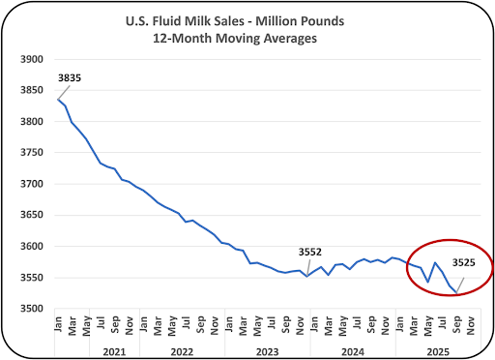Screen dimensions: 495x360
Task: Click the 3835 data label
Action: click(x=70, y=77)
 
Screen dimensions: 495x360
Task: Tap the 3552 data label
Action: click(x=310, y=252)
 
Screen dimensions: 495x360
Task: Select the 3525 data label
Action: click(x=463, y=262)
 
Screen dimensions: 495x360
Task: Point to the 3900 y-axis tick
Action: click(x=32, y=59)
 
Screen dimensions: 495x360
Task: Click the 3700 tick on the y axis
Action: click(x=32, y=184)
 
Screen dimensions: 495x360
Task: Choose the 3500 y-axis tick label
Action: click(x=32, y=309)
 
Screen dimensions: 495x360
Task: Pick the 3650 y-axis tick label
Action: click(x=32, y=215)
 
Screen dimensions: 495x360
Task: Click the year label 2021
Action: click(x=114, y=351)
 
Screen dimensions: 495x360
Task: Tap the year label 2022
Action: click(x=182, y=351)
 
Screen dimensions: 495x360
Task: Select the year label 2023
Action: click(x=268, y=351)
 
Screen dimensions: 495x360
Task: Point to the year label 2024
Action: click(x=353, y=351)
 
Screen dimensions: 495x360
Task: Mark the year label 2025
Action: click(x=438, y=351)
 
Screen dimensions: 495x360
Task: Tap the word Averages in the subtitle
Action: click(x=290, y=39)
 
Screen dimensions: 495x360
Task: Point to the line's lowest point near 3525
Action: click(x=456, y=293)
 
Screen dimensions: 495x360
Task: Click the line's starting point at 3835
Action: click(x=58, y=100)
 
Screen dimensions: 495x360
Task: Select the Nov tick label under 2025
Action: click(x=470, y=326)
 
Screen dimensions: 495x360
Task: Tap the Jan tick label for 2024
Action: click(x=314, y=324)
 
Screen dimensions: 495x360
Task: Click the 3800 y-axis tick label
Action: click(x=32, y=122)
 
